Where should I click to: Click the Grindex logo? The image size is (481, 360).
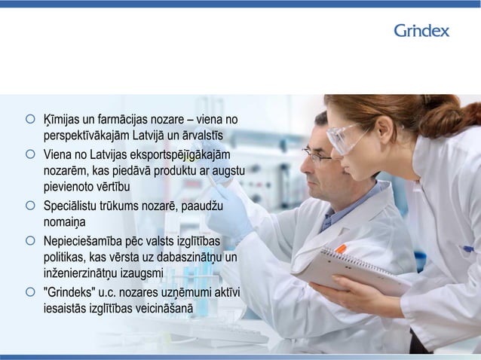[x=421, y=31]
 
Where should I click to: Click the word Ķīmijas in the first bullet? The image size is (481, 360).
[x=62, y=120]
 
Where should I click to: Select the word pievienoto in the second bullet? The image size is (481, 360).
[x=68, y=188]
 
